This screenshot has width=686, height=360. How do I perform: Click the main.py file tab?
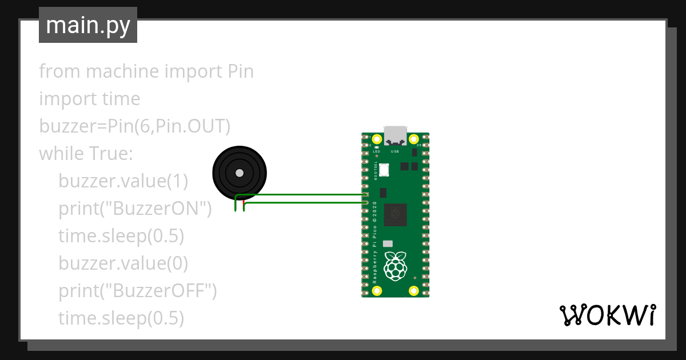(88, 25)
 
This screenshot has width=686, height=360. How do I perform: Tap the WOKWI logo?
(607, 315)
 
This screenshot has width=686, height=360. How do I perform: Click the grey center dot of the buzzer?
(240, 173)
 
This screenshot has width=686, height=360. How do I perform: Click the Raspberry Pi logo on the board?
(395, 266)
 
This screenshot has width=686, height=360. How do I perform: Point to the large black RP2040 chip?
(395, 215)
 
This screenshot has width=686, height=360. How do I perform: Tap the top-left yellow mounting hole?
(377, 139)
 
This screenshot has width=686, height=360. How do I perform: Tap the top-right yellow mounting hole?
(413, 139)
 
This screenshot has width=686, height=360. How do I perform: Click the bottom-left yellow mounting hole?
(377, 290)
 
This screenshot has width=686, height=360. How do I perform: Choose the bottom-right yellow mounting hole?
(413, 290)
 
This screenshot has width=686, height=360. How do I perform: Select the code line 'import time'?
(89, 99)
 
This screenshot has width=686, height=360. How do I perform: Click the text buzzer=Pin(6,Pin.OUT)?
(134, 126)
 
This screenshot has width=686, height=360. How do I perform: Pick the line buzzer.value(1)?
(123, 181)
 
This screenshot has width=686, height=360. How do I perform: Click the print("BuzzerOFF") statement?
(137, 291)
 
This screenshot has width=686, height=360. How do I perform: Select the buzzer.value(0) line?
(123, 263)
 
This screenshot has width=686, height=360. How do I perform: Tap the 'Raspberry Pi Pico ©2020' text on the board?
(375, 243)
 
